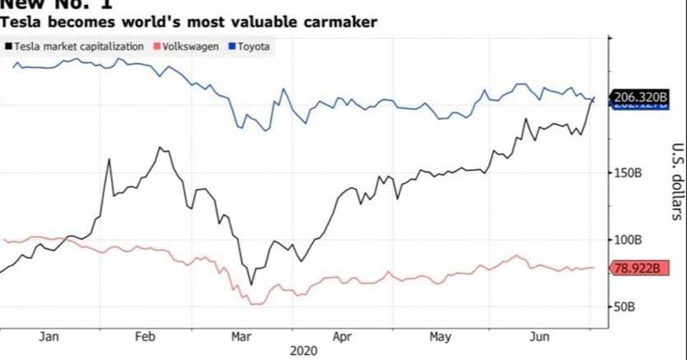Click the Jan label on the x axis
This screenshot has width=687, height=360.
click(49, 336)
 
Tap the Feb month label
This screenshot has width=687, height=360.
click(145, 336)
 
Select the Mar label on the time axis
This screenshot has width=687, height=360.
click(241, 336)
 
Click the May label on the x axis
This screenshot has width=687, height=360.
click(440, 336)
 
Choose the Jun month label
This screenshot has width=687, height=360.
click(538, 336)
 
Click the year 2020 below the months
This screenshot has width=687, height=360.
click(303, 351)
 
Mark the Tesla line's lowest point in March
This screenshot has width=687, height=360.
click(250, 284)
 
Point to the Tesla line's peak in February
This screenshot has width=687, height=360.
click(160, 147)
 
